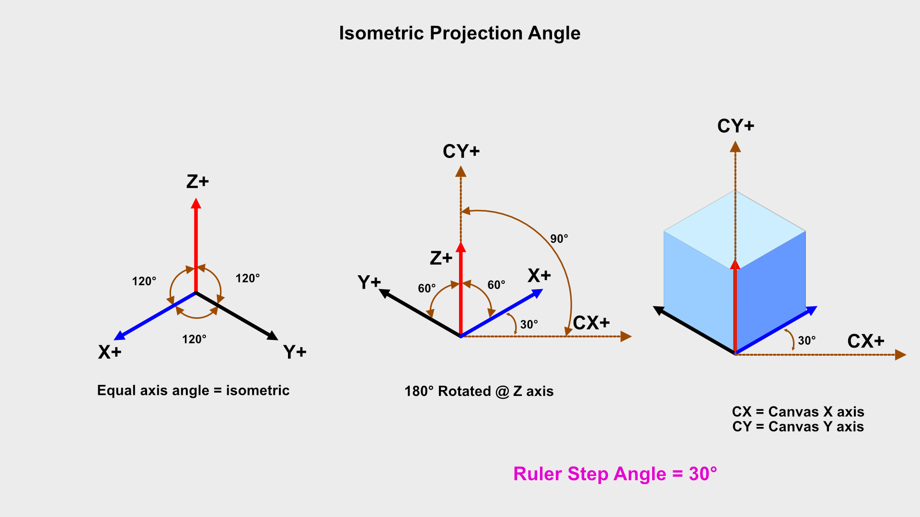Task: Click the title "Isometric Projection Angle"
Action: [460, 34]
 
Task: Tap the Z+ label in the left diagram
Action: [197, 182]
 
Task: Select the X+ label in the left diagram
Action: [110, 352]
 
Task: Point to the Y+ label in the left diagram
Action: [295, 352]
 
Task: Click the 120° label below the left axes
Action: [194, 339]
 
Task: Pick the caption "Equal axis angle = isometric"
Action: [193, 391]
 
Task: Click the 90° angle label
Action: [559, 239]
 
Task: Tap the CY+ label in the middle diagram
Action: [461, 152]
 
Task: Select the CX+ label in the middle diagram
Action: [591, 323]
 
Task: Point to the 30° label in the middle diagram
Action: [529, 325]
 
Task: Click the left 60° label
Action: [426, 288]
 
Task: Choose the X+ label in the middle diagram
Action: [539, 276]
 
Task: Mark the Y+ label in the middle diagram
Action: [369, 282]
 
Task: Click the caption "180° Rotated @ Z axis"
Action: [479, 392]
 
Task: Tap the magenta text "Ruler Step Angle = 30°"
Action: [615, 474]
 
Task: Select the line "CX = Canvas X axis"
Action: [798, 412]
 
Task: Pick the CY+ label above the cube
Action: [736, 126]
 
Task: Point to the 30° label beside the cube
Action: [806, 341]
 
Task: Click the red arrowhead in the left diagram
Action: [196, 203]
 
